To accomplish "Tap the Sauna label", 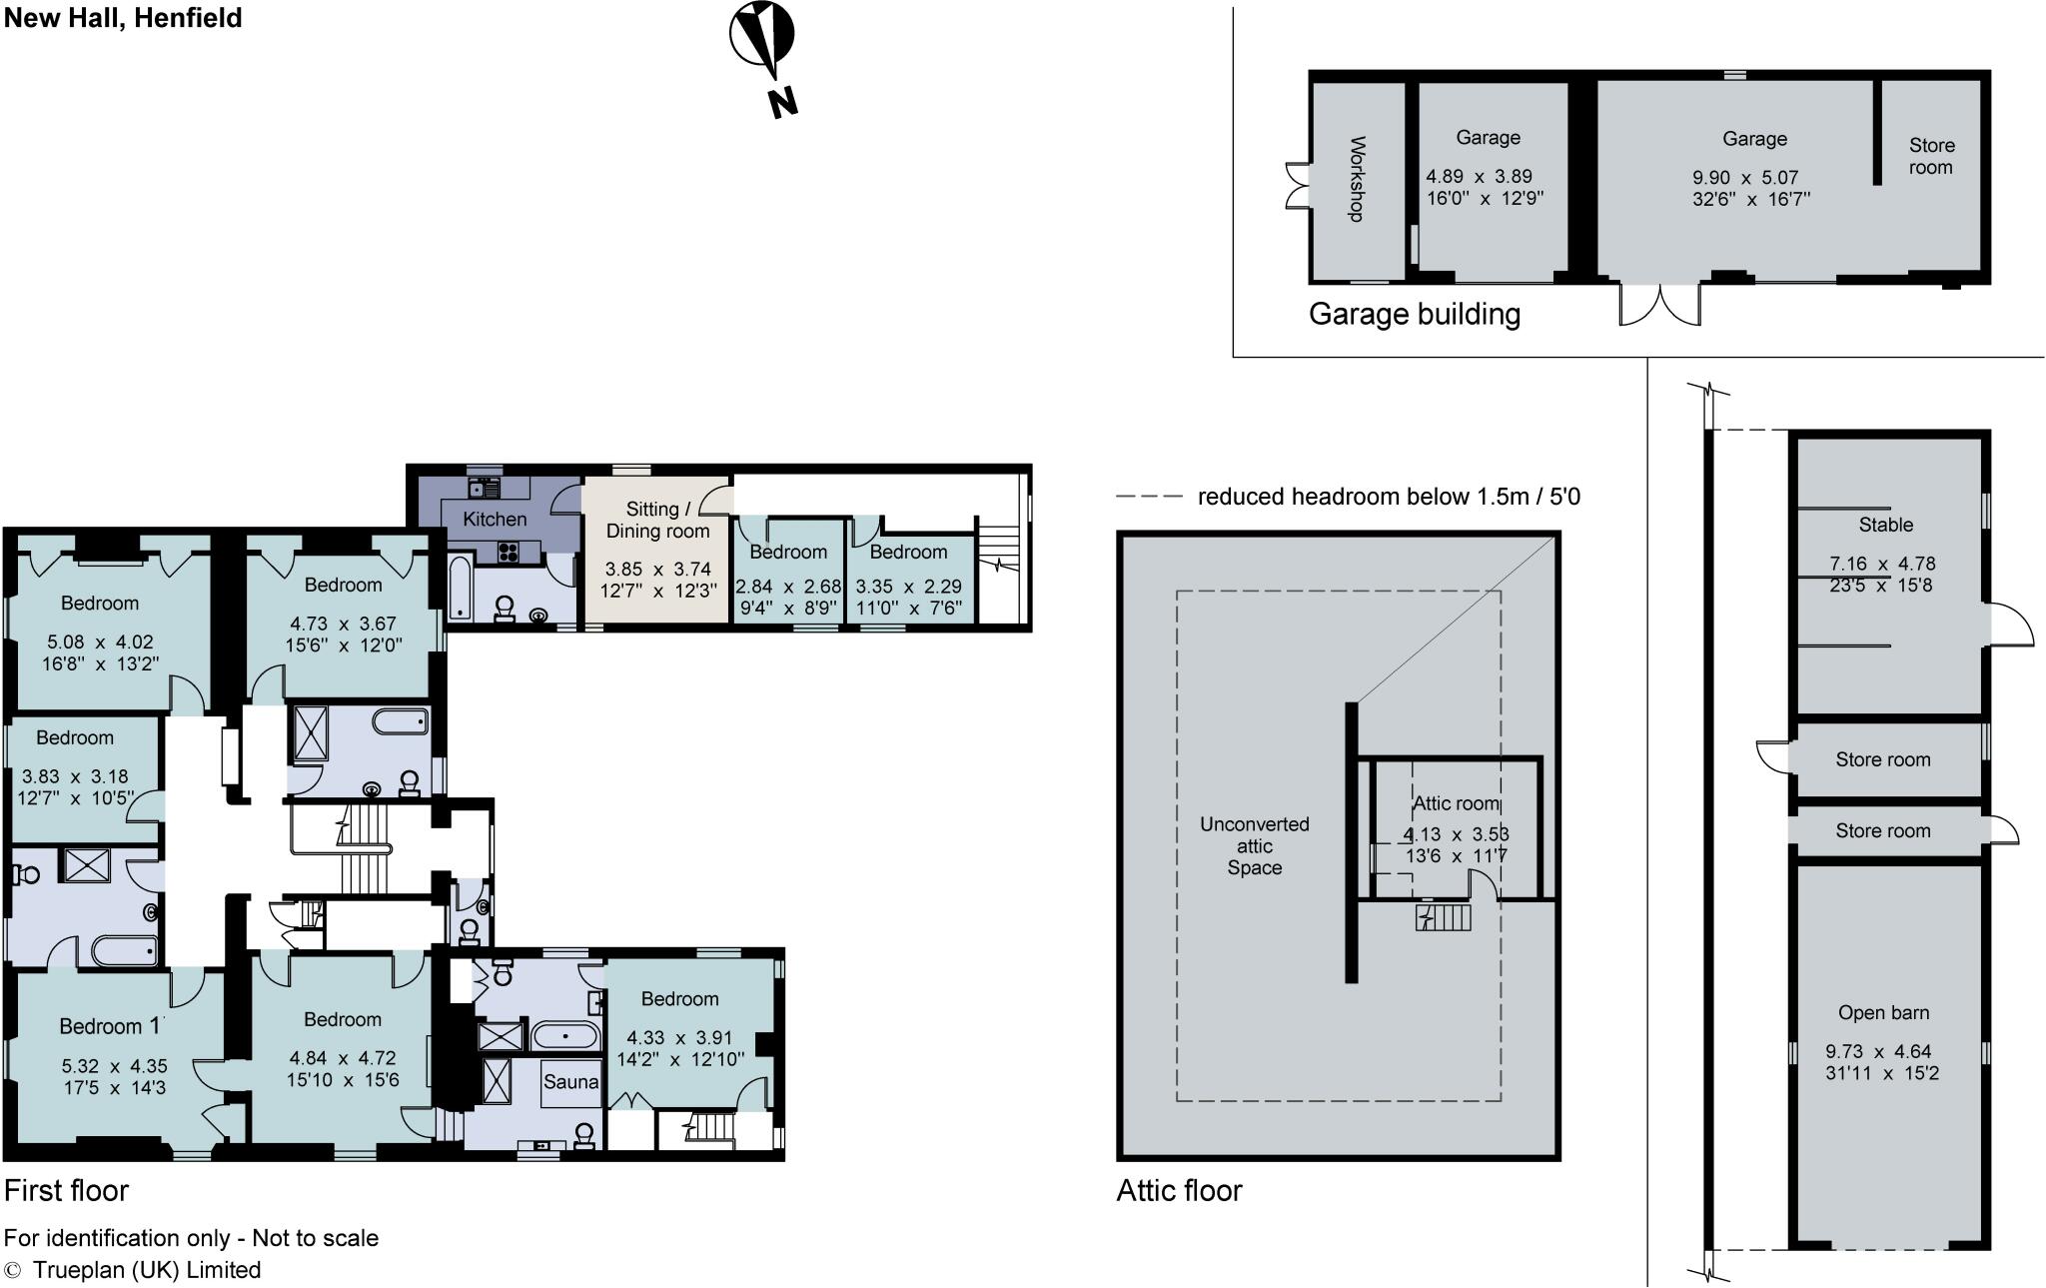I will click(570, 1082).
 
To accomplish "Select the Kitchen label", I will click(495, 519).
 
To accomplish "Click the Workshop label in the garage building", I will click(1357, 179).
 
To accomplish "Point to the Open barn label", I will click(1883, 1012).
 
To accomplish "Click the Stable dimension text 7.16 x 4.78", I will click(1882, 564).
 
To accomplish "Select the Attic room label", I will click(1456, 803).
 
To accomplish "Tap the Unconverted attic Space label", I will click(1254, 845).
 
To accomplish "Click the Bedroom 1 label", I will click(110, 1026).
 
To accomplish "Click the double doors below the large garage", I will click(1659, 305).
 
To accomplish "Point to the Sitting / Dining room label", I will click(657, 520).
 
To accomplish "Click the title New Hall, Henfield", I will click(123, 18).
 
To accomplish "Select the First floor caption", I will click(66, 1190).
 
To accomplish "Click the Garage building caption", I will click(1414, 314).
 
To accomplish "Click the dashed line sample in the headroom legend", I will click(1149, 497).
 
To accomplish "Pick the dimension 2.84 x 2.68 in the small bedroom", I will click(788, 588).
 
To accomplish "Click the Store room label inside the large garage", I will click(1931, 156).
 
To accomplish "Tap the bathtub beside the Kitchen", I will click(460, 590).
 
